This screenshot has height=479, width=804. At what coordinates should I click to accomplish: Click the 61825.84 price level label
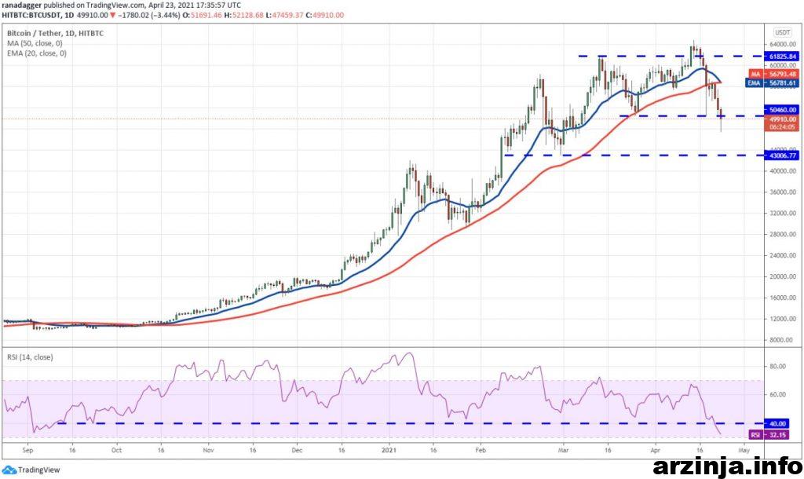[782, 57]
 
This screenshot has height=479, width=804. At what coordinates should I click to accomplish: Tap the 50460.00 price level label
[782, 110]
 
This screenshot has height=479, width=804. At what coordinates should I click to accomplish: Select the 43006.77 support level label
[782, 155]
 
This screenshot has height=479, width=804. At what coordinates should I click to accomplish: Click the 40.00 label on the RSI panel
[782, 424]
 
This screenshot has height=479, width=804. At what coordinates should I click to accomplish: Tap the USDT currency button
[782, 32]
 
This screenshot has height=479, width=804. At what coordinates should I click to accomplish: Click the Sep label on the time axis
[28, 452]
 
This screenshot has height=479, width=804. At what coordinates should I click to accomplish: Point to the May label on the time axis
[745, 452]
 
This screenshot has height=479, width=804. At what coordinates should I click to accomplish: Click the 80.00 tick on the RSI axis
[779, 366]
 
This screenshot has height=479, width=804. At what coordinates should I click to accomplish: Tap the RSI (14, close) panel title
[30, 358]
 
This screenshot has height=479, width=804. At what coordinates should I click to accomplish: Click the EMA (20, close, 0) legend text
[38, 53]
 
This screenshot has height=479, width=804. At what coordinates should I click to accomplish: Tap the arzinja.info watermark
[726, 463]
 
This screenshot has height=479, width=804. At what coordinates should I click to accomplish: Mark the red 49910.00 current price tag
[782, 119]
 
